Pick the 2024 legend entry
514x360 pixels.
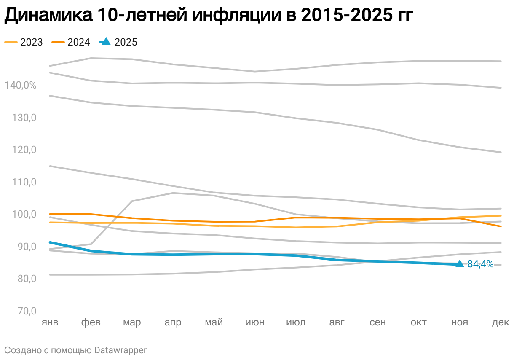(71, 42)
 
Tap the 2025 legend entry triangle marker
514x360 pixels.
(106, 41)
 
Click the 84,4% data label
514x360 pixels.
(480, 264)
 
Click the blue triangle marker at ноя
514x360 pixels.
(460, 264)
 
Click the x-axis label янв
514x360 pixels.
(50, 323)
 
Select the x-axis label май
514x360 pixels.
(214, 323)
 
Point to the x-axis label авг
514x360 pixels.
(337, 323)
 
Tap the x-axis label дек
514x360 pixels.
(501, 323)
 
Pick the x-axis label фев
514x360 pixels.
(91, 323)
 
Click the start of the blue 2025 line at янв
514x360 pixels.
(50, 242)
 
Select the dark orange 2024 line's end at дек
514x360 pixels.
(501, 226)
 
